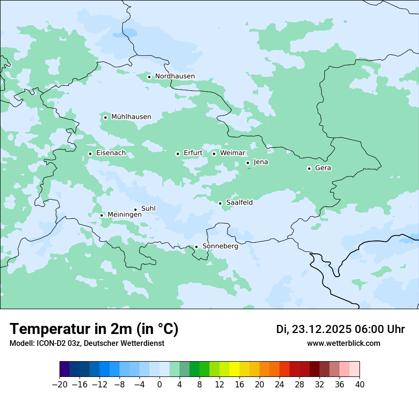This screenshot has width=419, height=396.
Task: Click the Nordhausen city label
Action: pyautogui.click(x=175, y=76)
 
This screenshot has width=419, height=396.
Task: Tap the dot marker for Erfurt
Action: pyautogui.click(x=178, y=154)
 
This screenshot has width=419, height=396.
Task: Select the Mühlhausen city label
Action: pyautogui.click(x=131, y=117)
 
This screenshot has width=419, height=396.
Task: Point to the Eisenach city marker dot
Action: pyautogui.click(x=90, y=154)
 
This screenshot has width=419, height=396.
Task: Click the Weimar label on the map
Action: pyautogui.click(x=232, y=153)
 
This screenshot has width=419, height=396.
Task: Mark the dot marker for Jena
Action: pyautogui.click(x=248, y=163)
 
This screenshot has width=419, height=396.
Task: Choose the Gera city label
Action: pyautogui.click(x=323, y=168)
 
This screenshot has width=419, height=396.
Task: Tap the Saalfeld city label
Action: pyautogui.click(x=239, y=203)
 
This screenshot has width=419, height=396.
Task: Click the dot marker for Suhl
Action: pyautogui.click(x=135, y=209)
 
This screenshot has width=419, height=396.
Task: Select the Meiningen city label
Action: pyautogui.click(x=124, y=215)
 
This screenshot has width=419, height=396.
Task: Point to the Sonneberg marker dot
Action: pyautogui.click(x=196, y=247)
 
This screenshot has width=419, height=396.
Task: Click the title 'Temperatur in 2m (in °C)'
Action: pyautogui.click(x=94, y=329)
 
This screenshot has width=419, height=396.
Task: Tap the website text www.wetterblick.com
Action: pyautogui.click(x=343, y=344)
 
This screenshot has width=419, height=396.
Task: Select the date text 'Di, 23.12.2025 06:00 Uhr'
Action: pyautogui.click(x=340, y=329)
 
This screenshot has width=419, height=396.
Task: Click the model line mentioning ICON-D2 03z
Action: pyautogui.click(x=87, y=344)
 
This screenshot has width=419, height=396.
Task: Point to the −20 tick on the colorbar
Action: pyautogui.click(x=60, y=385)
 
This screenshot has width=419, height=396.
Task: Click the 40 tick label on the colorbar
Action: pyautogui.click(x=359, y=385)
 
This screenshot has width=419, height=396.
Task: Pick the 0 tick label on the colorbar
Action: pyautogui.click(x=160, y=385)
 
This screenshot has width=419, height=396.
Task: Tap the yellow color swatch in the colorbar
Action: pyautogui.click(x=234, y=369)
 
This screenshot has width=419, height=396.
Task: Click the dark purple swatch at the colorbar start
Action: pyautogui.click(x=65, y=369)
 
